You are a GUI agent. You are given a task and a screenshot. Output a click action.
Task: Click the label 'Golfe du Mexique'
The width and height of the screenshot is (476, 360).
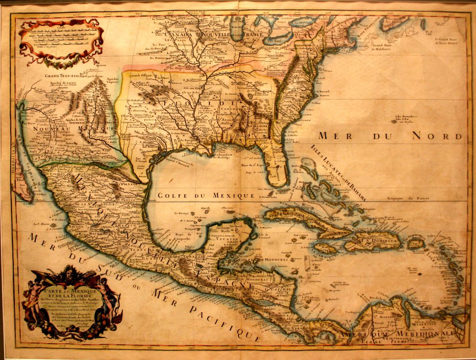(206, 196)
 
